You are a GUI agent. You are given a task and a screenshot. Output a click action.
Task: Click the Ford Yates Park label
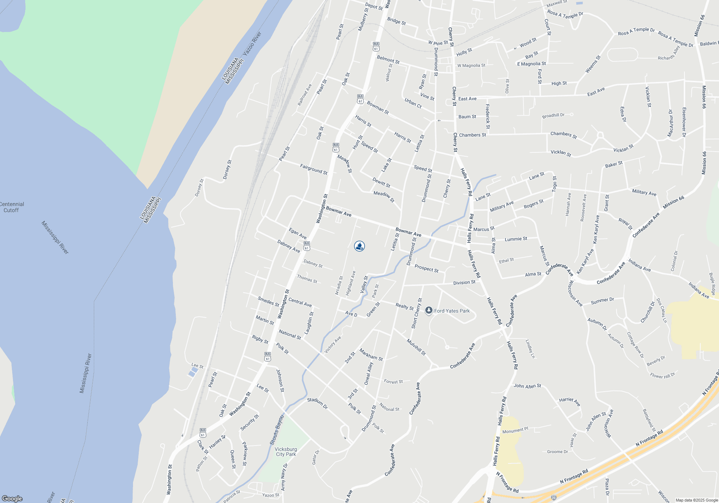point(452,311)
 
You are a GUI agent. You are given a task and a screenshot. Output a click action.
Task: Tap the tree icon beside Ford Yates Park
point(429,310)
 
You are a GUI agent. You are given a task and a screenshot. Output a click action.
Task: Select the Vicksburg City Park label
point(286,452)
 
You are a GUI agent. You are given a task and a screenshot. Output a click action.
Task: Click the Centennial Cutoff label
point(12,207)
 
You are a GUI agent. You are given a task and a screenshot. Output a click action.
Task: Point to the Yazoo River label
point(252,43)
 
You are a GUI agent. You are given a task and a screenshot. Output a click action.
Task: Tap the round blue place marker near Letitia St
point(359,246)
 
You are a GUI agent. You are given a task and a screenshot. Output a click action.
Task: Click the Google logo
point(12,498)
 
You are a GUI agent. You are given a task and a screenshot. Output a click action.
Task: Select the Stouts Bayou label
point(277,430)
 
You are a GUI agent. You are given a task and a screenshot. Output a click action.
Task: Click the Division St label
point(464,282)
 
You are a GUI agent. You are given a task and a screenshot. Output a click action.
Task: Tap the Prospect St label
point(426,268)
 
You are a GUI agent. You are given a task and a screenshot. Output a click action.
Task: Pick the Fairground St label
point(314,169)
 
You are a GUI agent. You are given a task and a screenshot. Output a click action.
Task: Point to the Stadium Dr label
point(317,403)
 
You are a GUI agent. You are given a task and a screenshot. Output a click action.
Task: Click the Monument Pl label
point(515,430)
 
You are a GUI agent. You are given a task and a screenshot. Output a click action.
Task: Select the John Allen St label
point(527,386)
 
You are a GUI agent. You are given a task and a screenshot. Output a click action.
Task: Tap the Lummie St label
point(516,239)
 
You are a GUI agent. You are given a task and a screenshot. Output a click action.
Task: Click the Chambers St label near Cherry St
point(472,135)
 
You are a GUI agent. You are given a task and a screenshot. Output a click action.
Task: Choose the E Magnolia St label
point(531,64)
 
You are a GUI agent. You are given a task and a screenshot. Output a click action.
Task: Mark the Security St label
point(249,423)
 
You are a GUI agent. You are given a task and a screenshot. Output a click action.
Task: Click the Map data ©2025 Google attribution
point(697,500)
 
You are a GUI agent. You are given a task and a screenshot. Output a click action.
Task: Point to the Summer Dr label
point(603,301)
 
